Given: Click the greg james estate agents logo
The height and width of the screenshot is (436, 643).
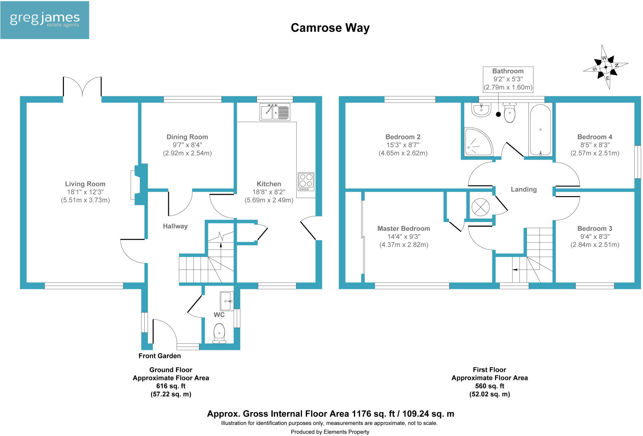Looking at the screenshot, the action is tap(44, 20).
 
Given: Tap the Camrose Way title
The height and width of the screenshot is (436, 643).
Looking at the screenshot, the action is tap(330, 28).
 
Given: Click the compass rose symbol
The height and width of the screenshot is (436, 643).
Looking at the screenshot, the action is tap(605, 67).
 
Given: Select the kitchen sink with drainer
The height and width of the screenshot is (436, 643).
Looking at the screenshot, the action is tap(275, 112).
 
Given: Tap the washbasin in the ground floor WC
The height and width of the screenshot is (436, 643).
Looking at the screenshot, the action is tap(227, 301).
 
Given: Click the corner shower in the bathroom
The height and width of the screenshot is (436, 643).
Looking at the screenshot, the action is tap(477, 142).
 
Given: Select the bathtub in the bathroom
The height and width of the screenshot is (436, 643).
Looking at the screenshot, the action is tap(540, 130).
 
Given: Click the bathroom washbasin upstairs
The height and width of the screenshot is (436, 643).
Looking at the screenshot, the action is tap(481, 110).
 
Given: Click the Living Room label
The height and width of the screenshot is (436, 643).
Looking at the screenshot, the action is tap(85, 184).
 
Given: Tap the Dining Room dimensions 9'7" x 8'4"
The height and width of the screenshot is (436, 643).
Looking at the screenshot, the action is tap(187, 145).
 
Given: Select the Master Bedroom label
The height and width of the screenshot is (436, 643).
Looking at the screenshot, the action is tap(404, 228).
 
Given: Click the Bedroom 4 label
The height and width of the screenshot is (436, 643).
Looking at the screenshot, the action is tap(595, 137).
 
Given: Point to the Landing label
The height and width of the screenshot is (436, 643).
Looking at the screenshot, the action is tap(524, 189).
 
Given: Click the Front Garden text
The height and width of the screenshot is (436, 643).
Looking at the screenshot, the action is tap(159, 356).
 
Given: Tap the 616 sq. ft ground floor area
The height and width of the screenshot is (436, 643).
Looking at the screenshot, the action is tap(171, 386).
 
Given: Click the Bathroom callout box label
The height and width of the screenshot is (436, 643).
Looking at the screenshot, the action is tap(508, 71).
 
